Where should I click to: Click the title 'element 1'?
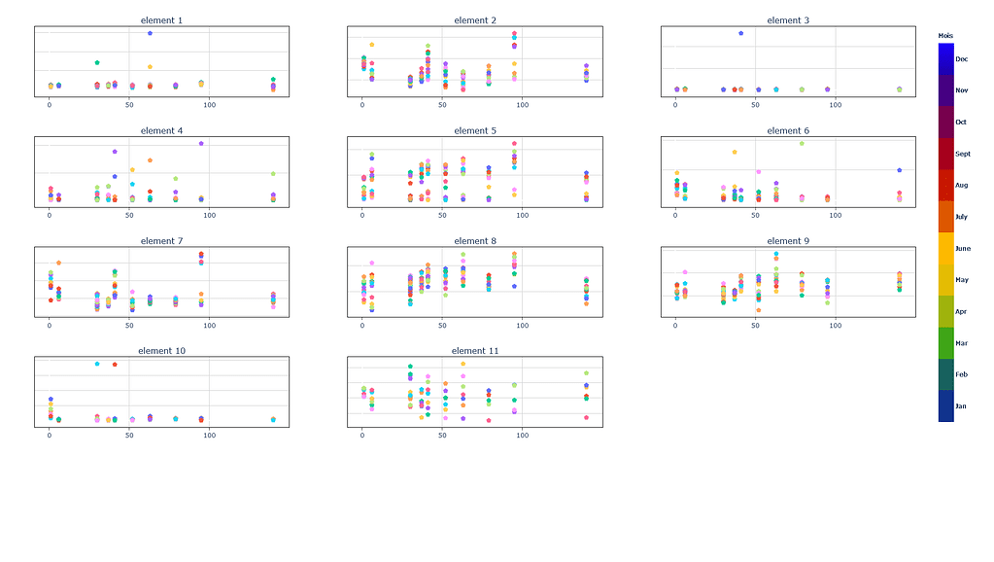point(161,20)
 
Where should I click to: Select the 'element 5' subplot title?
point(475,130)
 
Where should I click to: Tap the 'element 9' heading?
point(788,241)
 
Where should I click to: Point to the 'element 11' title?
point(475,351)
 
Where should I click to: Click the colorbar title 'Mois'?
point(945,36)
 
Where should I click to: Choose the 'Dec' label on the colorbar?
point(961,59)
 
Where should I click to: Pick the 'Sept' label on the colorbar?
point(962,154)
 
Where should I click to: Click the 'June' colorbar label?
point(962,249)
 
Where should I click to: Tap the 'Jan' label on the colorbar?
point(961,405)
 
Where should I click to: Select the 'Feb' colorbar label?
point(961,374)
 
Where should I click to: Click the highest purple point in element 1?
point(150,33)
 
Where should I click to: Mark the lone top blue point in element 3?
point(740,33)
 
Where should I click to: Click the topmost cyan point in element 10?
point(97,364)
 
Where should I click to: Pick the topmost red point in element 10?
point(115,365)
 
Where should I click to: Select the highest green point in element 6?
point(802,143)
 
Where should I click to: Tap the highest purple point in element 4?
point(201,143)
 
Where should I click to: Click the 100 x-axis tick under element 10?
point(209,435)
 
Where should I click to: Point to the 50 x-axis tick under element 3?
point(755,104)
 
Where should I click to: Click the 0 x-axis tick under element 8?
point(362,325)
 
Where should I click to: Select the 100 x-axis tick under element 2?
point(522,104)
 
